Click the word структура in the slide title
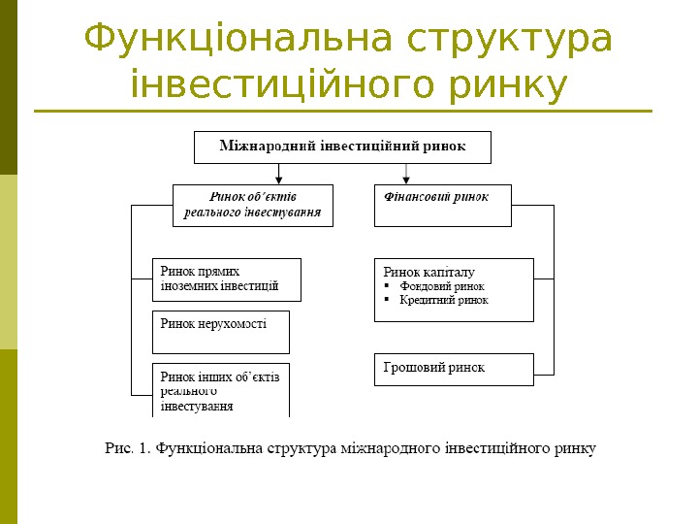(510, 40)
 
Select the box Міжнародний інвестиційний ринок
(342, 147)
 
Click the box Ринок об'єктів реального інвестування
(252, 205)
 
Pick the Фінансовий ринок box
(442, 205)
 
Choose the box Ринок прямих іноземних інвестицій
(226, 279)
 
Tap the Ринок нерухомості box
(220, 332)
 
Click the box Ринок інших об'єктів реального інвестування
(220, 390)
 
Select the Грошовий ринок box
(453, 369)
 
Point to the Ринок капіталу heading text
(429, 272)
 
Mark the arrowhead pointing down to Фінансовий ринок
(406, 180)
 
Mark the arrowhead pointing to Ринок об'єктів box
(280, 180)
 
